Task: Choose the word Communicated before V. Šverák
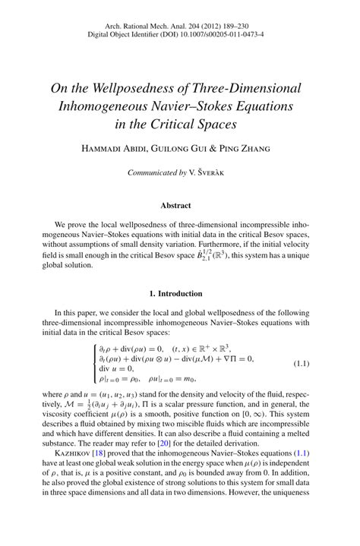point(156,173)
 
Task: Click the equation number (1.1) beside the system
point(302,364)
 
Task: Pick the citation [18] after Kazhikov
point(99,452)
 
